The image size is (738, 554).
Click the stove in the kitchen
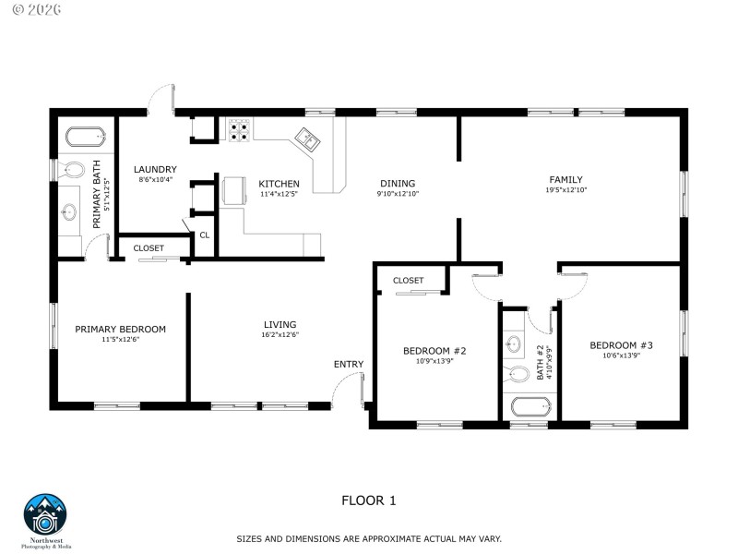(x=240, y=130)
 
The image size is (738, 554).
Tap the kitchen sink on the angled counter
(x=307, y=140)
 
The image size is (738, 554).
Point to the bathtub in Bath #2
(x=530, y=405)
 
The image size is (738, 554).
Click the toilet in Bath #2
(x=517, y=374)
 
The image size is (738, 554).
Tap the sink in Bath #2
(x=515, y=344)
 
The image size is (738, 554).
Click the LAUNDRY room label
(x=155, y=169)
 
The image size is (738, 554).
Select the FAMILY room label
(x=565, y=180)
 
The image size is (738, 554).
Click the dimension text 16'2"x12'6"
(x=280, y=334)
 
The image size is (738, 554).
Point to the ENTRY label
(x=349, y=364)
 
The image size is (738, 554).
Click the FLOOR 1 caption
(x=368, y=500)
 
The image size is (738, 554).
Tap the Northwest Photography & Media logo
(x=46, y=520)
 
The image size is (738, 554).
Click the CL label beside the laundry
(x=205, y=235)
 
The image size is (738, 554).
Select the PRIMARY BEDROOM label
(x=120, y=329)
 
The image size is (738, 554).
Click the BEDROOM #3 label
(x=621, y=345)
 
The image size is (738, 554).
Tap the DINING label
(x=397, y=184)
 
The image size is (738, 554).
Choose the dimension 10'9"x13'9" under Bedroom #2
(x=434, y=361)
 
